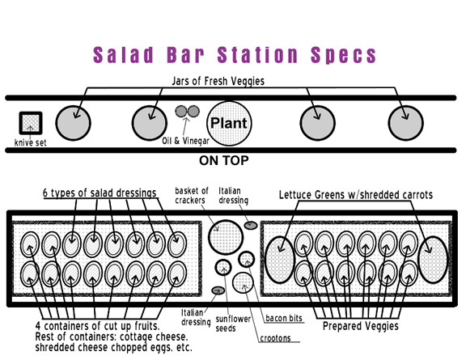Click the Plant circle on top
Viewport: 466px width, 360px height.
click(x=229, y=123)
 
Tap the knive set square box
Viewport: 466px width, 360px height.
click(x=31, y=123)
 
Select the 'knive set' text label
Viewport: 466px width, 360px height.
click(x=30, y=142)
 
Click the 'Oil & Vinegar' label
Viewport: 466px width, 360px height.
click(x=185, y=141)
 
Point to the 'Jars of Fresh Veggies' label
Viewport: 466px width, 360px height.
click(x=218, y=81)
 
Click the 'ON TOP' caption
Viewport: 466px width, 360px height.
click(x=224, y=160)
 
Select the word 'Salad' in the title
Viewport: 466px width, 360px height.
click(x=123, y=55)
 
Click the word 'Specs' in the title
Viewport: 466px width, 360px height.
click(x=344, y=55)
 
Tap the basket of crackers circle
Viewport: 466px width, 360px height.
click(x=226, y=237)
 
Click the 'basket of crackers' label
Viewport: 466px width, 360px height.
click(x=192, y=195)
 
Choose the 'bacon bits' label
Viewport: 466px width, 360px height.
click(x=284, y=318)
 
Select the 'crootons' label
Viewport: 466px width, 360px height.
click(x=275, y=338)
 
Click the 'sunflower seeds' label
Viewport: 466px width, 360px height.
click(x=233, y=324)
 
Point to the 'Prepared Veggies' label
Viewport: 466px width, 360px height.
click(x=361, y=326)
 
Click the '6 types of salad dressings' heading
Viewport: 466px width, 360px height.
click(x=100, y=193)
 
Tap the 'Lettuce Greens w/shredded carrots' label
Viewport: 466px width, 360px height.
click(x=356, y=195)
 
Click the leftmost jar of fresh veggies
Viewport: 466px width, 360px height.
click(x=73, y=123)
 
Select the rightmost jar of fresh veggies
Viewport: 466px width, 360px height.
click(x=405, y=123)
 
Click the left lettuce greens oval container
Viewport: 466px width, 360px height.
click(x=279, y=260)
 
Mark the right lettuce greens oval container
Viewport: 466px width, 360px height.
click(x=433, y=260)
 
